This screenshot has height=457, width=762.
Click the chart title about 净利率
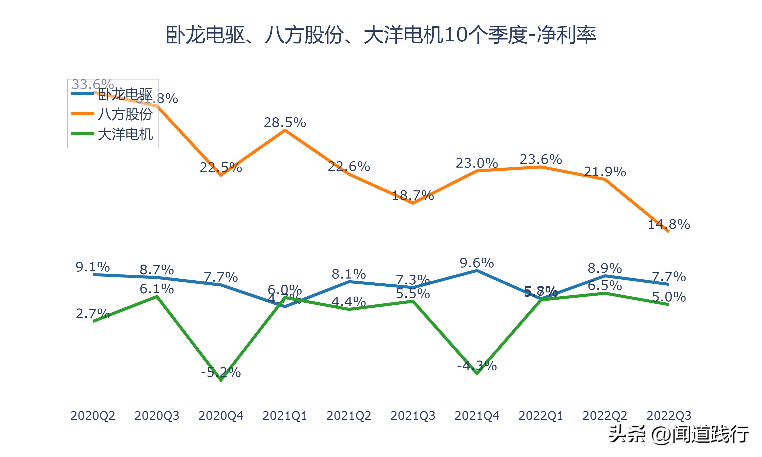[x=381, y=35]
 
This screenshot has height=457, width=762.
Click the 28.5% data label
[x=284, y=123]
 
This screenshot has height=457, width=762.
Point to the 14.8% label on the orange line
[x=669, y=224]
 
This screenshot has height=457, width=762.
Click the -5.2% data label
[x=220, y=372]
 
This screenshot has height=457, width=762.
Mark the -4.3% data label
[x=477, y=366]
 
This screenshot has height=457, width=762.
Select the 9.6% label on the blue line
[x=477, y=263]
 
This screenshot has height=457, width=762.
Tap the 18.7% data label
[x=413, y=195]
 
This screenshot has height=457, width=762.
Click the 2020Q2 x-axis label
[x=93, y=416]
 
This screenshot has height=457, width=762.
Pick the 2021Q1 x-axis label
[x=284, y=416]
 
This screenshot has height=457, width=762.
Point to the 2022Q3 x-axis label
[x=669, y=416]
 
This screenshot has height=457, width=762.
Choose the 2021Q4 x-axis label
[x=477, y=416]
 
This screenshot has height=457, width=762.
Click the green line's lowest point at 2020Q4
[x=221, y=381]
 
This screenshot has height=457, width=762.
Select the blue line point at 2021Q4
[x=477, y=271]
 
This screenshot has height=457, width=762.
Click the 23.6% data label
[x=541, y=159]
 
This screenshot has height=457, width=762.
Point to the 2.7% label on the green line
[x=92, y=314]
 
